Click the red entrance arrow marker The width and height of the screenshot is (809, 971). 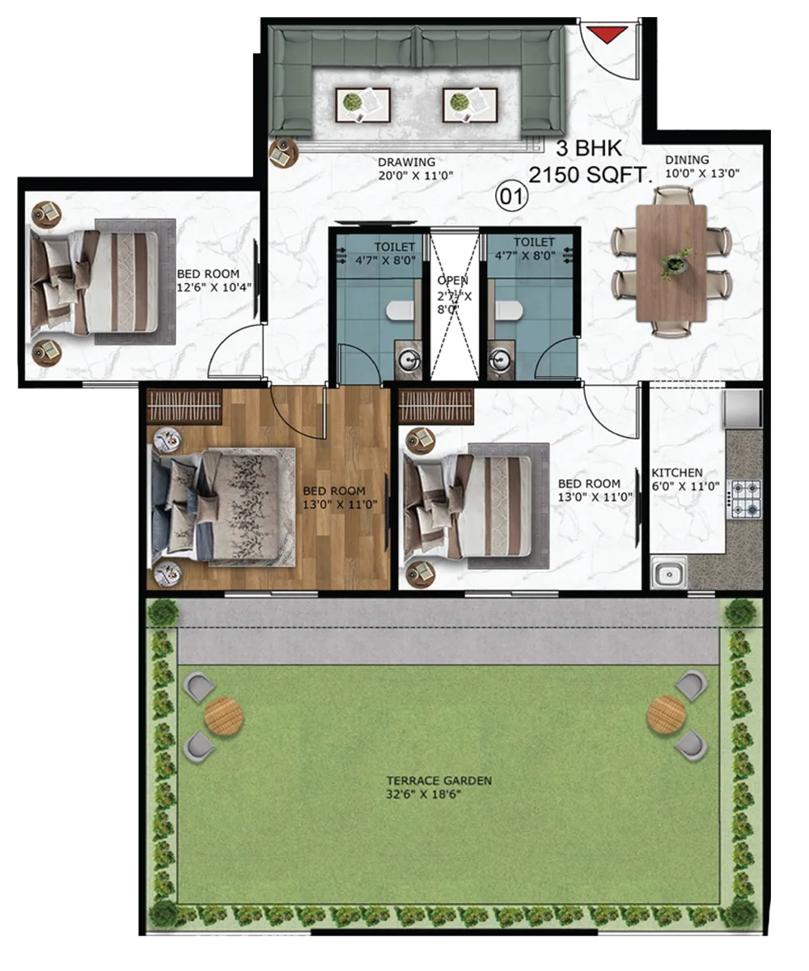607,35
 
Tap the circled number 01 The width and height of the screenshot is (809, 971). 511,197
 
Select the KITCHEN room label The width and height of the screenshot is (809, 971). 676,473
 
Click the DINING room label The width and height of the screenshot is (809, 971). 687,159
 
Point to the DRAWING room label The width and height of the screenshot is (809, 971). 406,162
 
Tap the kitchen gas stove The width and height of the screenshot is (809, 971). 746,499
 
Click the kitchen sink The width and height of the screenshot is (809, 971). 668,574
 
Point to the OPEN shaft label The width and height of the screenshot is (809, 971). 452,281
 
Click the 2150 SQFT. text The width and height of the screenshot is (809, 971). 591,176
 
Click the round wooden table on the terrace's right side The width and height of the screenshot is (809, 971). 667,715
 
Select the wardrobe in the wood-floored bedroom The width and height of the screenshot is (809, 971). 184,406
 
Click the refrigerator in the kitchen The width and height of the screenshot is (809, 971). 742,409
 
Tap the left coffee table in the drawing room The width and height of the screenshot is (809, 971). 362,105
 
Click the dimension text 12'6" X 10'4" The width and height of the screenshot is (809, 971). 214,287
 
